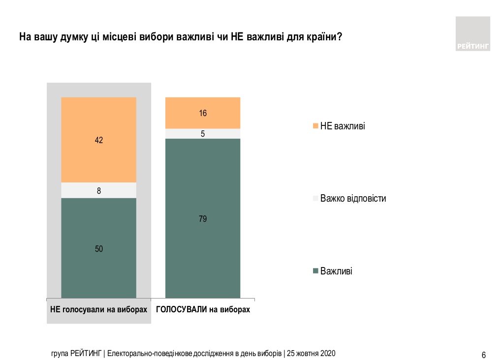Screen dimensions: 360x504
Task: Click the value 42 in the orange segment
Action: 98,140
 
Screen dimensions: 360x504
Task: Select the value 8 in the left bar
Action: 98,190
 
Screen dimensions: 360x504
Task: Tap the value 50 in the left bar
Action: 98,249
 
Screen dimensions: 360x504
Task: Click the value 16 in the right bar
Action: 203,113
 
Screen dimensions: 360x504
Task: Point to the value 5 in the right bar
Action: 203,133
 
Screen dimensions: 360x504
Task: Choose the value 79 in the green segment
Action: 203,219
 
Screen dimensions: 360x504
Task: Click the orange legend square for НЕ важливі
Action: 315,126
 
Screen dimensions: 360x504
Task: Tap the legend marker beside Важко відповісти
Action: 315,199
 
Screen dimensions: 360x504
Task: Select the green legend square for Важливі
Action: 315,271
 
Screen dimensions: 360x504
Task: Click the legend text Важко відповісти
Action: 353,199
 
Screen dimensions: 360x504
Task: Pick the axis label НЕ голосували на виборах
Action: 98,310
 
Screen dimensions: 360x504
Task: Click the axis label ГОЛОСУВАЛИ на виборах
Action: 203,310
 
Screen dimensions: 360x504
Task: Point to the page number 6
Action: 484,355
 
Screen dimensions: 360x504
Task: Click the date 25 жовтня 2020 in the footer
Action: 311,354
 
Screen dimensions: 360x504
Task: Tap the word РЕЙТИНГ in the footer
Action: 87,354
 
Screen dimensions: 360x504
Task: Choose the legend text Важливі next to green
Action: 336,271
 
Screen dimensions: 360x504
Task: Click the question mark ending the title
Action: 340,37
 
